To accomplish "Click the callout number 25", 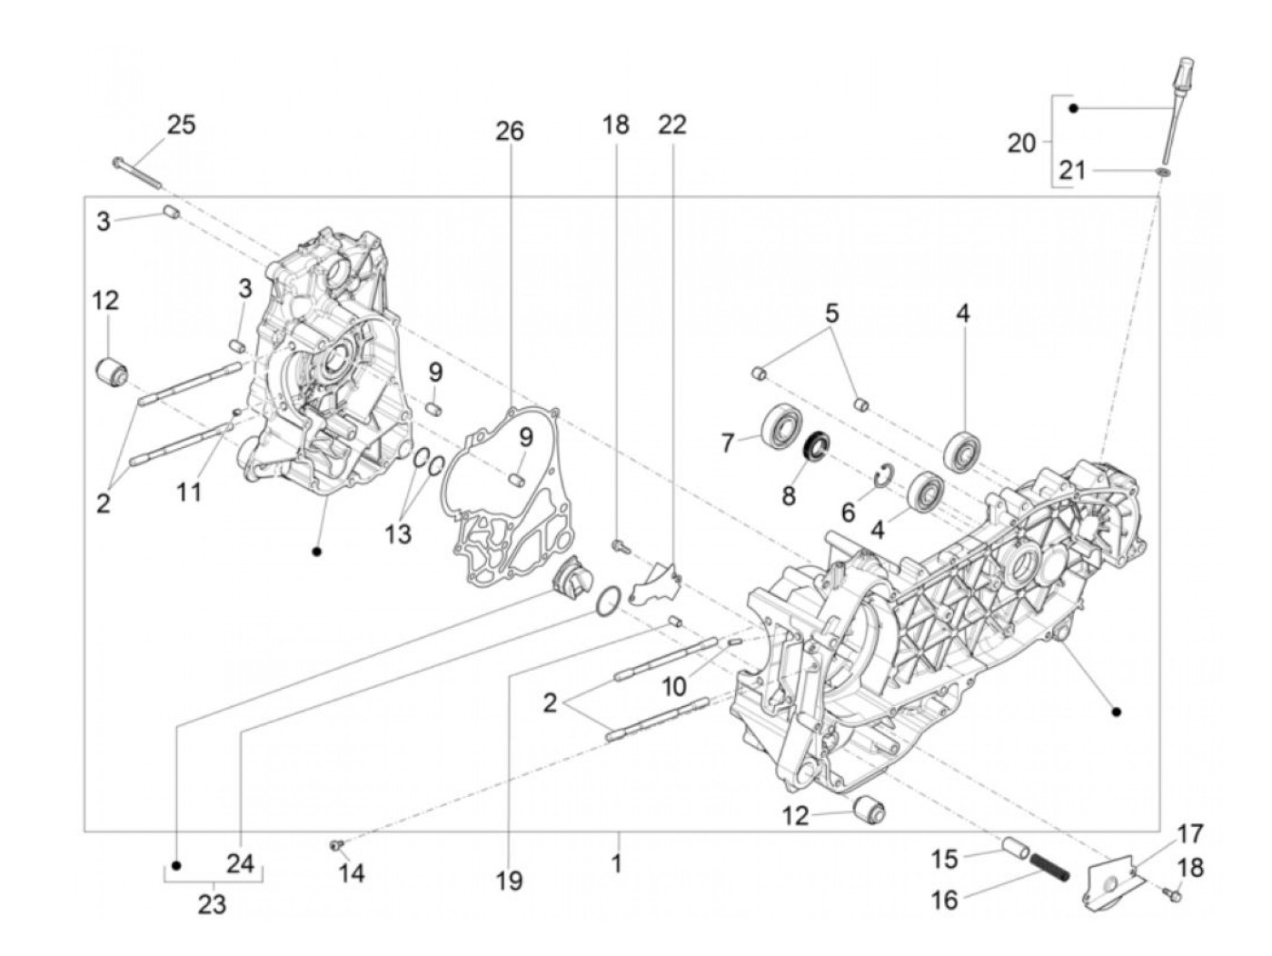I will [180, 124].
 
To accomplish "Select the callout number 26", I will [509, 131].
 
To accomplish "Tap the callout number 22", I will [672, 124].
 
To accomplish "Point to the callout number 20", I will [1022, 143].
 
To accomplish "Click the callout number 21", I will [1072, 171].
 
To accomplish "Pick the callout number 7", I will [727, 443].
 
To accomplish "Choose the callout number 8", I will [789, 495].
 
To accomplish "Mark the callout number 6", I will [848, 512].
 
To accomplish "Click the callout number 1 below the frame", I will [617, 861].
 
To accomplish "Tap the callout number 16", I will [945, 900].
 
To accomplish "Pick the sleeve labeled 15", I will [1016, 851].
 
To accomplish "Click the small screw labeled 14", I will [336, 846].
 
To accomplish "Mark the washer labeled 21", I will [1162, 171].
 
